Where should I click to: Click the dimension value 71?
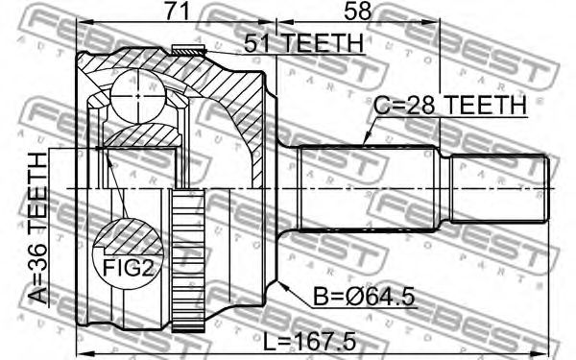click(x=177, y=11)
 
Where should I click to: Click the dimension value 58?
click(x=357, y=11)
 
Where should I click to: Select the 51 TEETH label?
click(x=303, y=43)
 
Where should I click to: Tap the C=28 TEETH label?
click(x=450, y=105)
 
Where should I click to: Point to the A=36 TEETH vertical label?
click(x=38, y=228)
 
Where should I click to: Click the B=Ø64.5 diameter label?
click(x=364, y=297)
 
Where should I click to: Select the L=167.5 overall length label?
click(x=310, y=341)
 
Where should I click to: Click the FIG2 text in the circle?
click(x=127, y=268)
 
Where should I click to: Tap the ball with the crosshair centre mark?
click(x=137, y=96)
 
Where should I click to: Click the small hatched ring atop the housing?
click(x=188, y=50)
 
